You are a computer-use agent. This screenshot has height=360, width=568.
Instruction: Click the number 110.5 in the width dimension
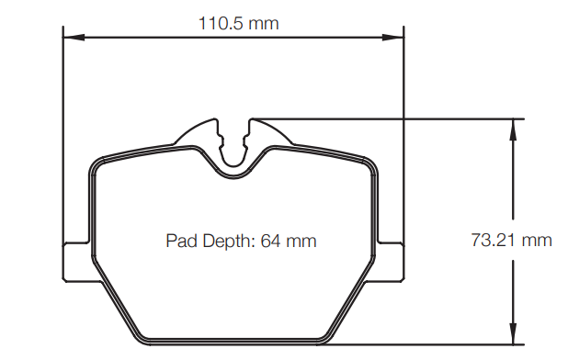[219, 23]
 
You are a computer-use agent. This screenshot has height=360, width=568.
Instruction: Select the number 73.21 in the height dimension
[494, 241]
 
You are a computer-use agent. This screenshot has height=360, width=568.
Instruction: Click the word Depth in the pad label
[224, 242]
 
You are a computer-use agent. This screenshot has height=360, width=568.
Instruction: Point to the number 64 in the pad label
[270, 242]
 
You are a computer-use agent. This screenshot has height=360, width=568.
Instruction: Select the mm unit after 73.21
[537, 241]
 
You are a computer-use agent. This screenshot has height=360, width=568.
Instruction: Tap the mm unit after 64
[301, 242]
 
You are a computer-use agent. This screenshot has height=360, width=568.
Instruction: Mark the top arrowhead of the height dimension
[511, 125]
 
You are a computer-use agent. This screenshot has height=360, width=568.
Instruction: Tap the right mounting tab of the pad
[392, 261]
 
